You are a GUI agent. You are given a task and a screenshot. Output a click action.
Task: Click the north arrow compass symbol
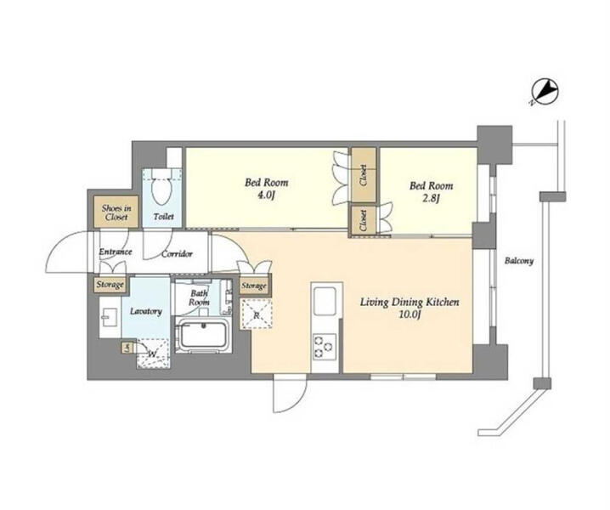tap(545, 92)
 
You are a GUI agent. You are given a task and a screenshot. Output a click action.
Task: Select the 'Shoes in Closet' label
tap(116, 212)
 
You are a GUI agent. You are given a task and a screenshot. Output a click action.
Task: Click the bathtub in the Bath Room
tap(203, 335)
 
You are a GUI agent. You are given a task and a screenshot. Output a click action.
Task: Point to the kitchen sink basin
tap(325, 302)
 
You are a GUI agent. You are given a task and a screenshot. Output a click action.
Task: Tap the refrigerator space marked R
tap(256, 314)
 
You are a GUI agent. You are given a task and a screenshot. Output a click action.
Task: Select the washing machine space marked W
tap(153, 354)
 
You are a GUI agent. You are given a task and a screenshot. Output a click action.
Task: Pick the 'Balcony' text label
tap(519, 260)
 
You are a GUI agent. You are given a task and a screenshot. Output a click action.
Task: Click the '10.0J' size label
tap(409, 314)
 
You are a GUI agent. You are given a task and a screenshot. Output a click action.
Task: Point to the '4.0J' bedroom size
tap(266, 195)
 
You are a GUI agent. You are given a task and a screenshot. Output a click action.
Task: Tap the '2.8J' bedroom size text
tap(431, 199)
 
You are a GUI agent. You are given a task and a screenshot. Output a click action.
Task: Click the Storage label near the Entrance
tap(110, 285)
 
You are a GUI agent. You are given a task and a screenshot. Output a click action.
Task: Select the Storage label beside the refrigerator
tap(254, 286)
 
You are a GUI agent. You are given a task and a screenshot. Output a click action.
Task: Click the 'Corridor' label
tap(177, 254)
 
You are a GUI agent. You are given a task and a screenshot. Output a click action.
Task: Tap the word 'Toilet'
tap(163, 217)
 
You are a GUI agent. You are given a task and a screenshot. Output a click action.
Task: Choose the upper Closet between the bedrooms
tap(364, 175)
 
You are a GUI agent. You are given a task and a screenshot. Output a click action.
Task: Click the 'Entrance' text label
tap(116, 252)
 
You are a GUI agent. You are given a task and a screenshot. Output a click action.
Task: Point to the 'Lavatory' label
tap(146, 311)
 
